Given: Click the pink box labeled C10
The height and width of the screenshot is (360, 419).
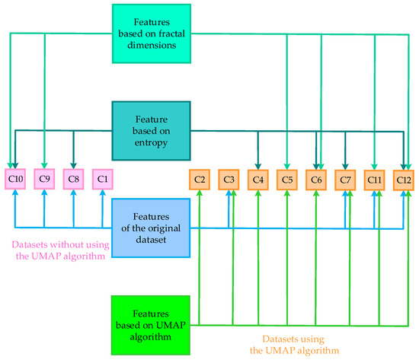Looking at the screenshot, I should (x=15, y=180).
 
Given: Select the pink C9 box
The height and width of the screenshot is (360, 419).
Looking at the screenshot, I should (x=44, y=180).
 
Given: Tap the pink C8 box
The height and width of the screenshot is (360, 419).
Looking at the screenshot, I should (x=73, y=180).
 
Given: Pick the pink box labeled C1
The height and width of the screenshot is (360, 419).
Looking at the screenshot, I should (x=102, y=180).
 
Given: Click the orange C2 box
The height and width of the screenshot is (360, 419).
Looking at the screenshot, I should (x=200, y=180).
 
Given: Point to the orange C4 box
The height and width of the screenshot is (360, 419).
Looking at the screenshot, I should (x=258, y=180).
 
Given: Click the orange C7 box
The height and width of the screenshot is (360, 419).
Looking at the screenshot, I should (x=345, y=180).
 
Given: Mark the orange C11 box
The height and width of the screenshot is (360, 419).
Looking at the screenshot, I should (x=374, y=180).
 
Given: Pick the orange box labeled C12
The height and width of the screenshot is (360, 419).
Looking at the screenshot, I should (x=404, y=180).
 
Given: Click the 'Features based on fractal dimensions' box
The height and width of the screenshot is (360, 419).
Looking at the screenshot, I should (x=152, y=33).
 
